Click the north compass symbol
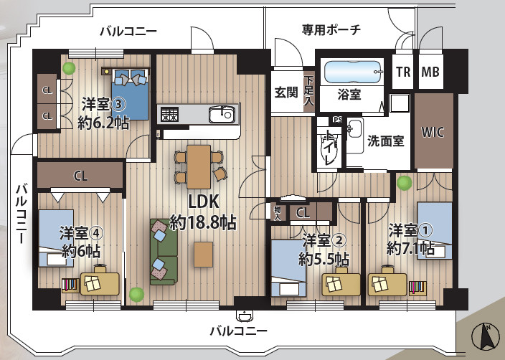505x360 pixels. pos(486,336)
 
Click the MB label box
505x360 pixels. pos(430,72)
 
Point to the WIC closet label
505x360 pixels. pos(433,131)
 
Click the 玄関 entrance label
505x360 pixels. pos(286,93)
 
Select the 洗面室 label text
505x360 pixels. pos(385,141)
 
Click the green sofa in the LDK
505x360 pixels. pos(163,251)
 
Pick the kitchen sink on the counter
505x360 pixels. pos(221,114)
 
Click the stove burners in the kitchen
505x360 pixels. pos(169,113)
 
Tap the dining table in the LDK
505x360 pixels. pos(199,164)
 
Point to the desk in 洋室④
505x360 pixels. pos(100,283)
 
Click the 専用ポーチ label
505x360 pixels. pos(331,29)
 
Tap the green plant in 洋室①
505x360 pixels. pos(405,183)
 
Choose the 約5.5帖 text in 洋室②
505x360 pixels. pos(324,257)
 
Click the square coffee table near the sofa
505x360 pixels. pos(203,254)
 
